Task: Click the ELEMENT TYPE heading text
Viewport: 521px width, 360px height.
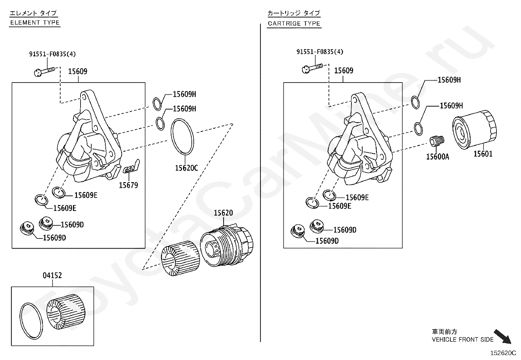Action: (35, 23)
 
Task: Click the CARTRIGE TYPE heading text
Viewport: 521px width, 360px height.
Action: (294, 24)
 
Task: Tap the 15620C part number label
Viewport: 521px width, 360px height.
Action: (186, 168)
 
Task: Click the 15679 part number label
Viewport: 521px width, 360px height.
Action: (128, 185)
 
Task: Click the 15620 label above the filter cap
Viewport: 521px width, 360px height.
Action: (223, 213)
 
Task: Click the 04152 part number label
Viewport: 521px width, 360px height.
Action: (52, 275)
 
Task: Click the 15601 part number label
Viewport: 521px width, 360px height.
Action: (483, 154)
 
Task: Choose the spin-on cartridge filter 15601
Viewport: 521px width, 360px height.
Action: (474, 131)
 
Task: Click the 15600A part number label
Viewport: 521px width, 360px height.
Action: (438, 157)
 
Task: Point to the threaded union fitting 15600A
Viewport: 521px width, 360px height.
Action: (437, 142)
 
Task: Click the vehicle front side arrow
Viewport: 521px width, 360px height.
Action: (502, 336)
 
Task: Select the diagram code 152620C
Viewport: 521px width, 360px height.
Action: (503, 353)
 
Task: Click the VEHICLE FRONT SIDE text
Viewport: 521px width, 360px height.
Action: (462, 340)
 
